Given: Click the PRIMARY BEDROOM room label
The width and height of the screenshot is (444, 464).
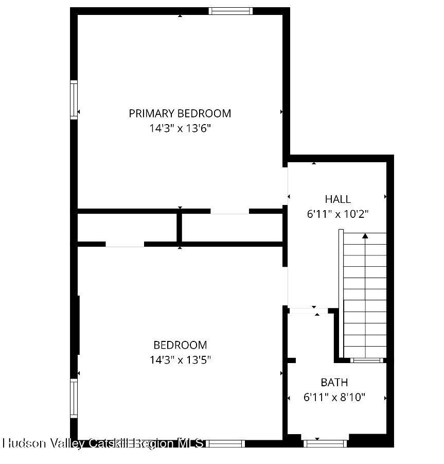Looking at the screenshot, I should (180, 113).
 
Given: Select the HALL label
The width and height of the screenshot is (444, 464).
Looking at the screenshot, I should (338, 199).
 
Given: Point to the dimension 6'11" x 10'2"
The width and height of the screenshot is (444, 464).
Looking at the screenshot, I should (338, 214).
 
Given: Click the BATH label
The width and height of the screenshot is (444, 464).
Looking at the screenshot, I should (334, 383).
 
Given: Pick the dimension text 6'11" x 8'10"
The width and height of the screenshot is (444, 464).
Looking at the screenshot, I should (334, 398).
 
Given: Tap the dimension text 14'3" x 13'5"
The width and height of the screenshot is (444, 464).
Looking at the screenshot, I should (180, 360).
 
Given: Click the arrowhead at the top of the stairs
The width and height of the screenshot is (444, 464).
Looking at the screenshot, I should (365, 236).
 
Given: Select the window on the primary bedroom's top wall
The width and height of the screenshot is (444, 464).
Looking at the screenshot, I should (230, 11).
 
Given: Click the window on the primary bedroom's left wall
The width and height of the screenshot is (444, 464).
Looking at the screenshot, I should (74, 100).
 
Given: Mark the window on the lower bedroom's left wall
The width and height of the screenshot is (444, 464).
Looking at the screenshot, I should (74, 398).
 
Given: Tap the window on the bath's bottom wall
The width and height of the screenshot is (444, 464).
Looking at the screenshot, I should (325, 442).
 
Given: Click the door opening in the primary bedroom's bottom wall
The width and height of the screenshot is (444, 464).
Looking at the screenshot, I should (229, 211).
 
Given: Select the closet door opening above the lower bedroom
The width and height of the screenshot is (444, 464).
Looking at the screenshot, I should (125, 244).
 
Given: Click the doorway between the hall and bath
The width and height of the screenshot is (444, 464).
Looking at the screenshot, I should (307, 311).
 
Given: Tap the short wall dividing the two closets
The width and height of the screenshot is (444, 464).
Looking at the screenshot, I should (180, 228).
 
